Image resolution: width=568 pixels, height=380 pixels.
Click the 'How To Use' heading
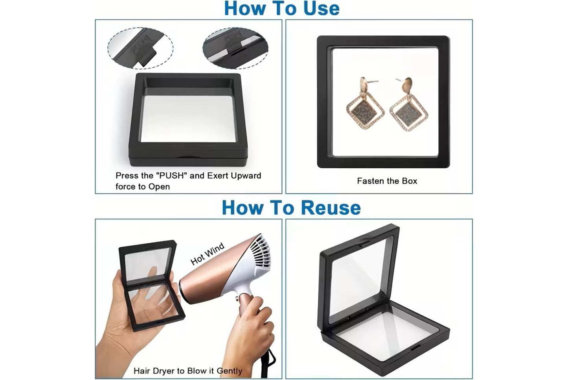pyautogui.click(x=281, y=9)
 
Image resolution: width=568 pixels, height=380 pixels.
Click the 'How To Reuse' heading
pyautogui.click(x=291, y=208)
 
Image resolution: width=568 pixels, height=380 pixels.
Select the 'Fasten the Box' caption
pyautogui.click(x=387, y=181)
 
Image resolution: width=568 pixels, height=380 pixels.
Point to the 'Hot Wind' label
pyautogui.click(x=207, y=254)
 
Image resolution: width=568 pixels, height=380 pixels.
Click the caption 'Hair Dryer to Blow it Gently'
pyautogui.click(x=187, y=371)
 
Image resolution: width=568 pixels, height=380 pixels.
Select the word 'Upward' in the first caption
pyautogui.click(x=246, y=176)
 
